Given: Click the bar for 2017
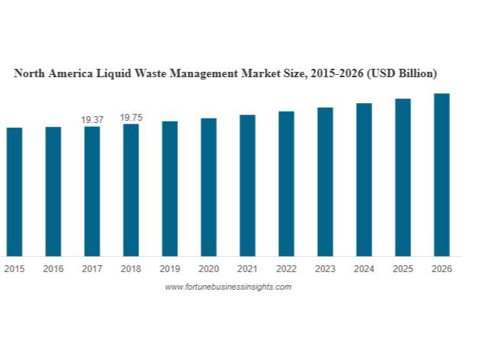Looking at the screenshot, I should coord(92,191).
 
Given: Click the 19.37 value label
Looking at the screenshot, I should coord(92,120).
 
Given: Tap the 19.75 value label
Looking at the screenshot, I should coord(131,117).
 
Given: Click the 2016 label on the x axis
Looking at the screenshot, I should coord(53,269).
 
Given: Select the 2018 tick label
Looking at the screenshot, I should coord(131,269).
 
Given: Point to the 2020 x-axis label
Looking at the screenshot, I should coord(209,269).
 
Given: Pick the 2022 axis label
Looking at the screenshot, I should coord(286,269).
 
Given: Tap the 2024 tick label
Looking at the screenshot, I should coord(364,269).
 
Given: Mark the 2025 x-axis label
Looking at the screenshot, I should coord(403,269).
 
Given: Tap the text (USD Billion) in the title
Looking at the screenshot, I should coord(402,74).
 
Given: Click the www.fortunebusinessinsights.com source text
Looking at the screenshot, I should coord(228,287).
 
